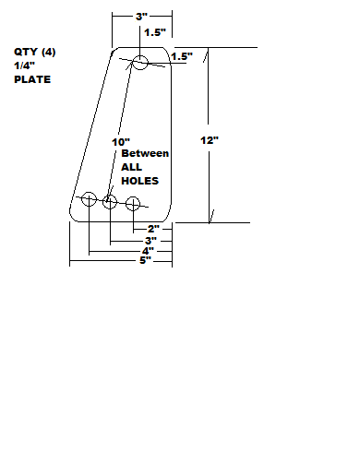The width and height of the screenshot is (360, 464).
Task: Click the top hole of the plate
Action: [139, 63]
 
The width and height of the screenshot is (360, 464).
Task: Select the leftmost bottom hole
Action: [90, 199]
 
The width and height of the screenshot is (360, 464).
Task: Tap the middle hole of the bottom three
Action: [110, 202]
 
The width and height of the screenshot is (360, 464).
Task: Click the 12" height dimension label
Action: [210, 140]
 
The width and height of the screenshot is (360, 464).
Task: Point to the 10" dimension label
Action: [119, 141]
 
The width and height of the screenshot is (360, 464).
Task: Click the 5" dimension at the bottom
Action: [144, 261]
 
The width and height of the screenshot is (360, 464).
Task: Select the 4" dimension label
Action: [146, 250]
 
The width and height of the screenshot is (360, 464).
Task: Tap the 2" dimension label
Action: [153, 228]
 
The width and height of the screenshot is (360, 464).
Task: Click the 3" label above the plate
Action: [141, 18]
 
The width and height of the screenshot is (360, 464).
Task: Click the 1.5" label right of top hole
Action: [181, 56]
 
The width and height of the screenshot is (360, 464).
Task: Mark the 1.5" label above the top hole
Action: [155, 32]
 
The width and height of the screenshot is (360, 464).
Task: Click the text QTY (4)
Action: [34, 52]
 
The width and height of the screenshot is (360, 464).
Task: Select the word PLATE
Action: [31, 80]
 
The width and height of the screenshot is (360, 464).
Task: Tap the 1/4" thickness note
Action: [23, 65]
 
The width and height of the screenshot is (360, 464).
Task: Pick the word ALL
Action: [132, 168]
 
